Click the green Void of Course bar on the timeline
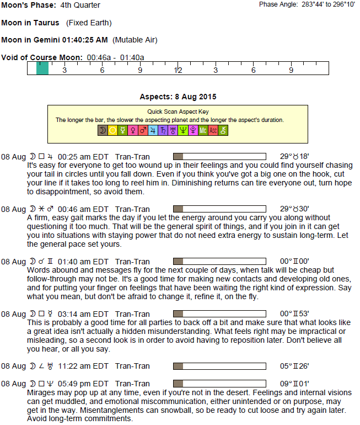pos(42,68)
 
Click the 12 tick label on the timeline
pos(178,71)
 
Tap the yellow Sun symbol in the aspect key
pos(112,130)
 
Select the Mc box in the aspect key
pos(203,130)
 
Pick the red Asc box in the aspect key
pos(213,130)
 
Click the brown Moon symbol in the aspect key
pos(102,130)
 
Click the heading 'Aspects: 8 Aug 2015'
pos(178,97)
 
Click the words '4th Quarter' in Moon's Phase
pos(80,6)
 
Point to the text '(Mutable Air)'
pos(135,40)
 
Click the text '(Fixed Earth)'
pos(88,23)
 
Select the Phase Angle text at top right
pos(308,4)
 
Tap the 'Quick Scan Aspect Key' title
pos(178,111)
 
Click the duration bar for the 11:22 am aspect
pos(219,366)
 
